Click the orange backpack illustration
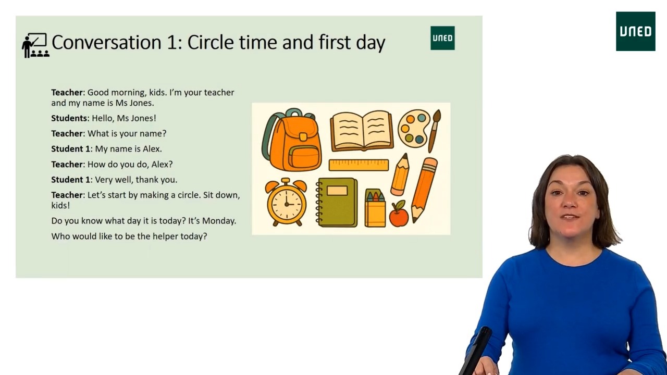tap(293, 141)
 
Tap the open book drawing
tap(361, 130)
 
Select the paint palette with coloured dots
tap(414, 128)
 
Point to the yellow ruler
tap(359, 165)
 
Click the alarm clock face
tap(286, 203)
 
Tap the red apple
tap(399, 215)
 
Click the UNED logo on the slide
tap(442, 38)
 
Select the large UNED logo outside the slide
tap(635, 31)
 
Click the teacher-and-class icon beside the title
tap(35, 45)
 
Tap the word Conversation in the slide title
tap(106, 42)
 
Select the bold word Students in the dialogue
tap(69, 118)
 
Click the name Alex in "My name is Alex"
tap(151, 149)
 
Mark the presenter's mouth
tap(570, 216)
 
